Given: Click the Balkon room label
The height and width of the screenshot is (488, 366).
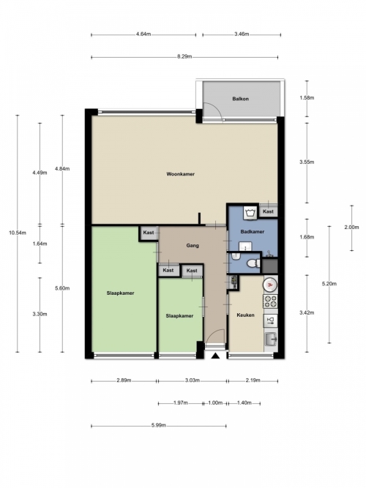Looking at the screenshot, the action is (x=241, y=99).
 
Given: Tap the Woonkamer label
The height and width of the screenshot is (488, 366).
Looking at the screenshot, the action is (x=181, y=174).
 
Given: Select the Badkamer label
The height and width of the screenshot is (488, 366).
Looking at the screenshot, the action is (x=253, y=231).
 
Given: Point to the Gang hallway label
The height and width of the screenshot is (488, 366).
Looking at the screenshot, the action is (x=193, y=246).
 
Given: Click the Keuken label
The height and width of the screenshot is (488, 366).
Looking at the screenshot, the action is (x=245, y=315).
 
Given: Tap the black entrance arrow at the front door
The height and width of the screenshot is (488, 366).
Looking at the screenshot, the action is (x=215, y=356).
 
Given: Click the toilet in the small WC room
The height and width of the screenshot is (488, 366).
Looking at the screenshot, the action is (x=253, y=264).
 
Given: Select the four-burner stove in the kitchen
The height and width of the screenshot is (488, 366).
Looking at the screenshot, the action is (x=270, y=301).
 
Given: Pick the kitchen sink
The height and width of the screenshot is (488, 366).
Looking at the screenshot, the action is (x=270, y=339).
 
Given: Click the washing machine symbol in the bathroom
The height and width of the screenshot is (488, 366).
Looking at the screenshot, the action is (x=250, y=213).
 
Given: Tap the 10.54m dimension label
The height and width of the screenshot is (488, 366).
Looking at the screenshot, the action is (x=18, y=233).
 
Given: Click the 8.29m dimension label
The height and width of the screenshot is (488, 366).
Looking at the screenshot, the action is (x=184, y=56).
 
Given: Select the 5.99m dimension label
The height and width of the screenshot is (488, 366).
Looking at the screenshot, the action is (x=159, y=425).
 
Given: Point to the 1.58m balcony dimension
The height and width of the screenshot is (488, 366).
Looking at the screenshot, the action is (x=307, y=98).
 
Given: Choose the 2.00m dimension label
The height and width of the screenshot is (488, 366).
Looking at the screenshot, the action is (x=351, y=228).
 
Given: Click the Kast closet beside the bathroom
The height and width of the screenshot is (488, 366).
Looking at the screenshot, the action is (x=268, y=211).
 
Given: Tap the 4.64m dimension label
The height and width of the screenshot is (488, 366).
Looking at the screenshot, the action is (x=143, y=34).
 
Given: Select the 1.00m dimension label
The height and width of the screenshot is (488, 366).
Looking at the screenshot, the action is (x=215, y=402).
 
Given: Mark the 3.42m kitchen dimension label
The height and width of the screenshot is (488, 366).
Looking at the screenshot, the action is (x=307, y=313).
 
